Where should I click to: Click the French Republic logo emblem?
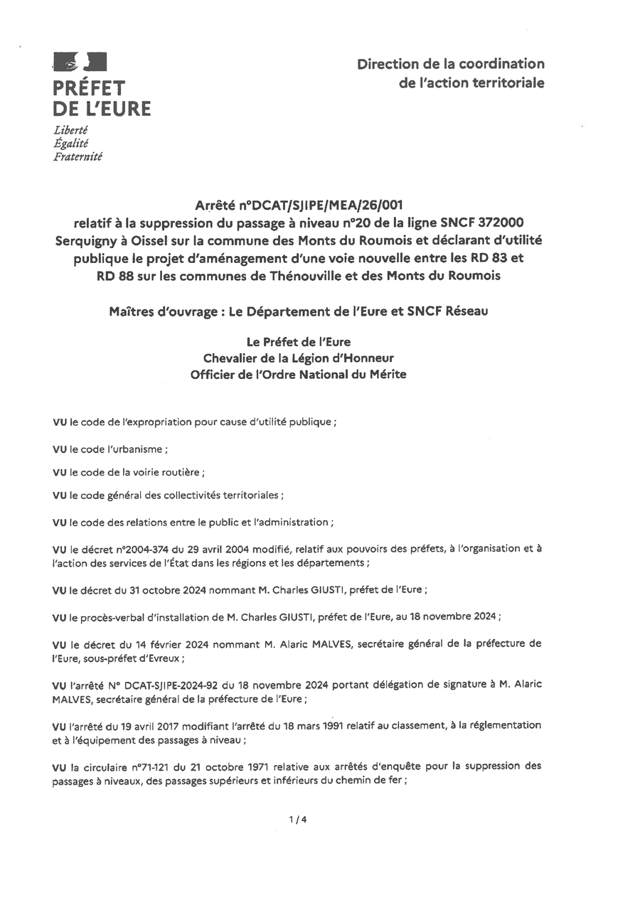click(80, 63)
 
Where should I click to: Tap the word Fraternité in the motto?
click(78, 156)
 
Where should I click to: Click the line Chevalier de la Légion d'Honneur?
click(298, 358)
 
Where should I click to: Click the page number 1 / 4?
click(298, 819)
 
